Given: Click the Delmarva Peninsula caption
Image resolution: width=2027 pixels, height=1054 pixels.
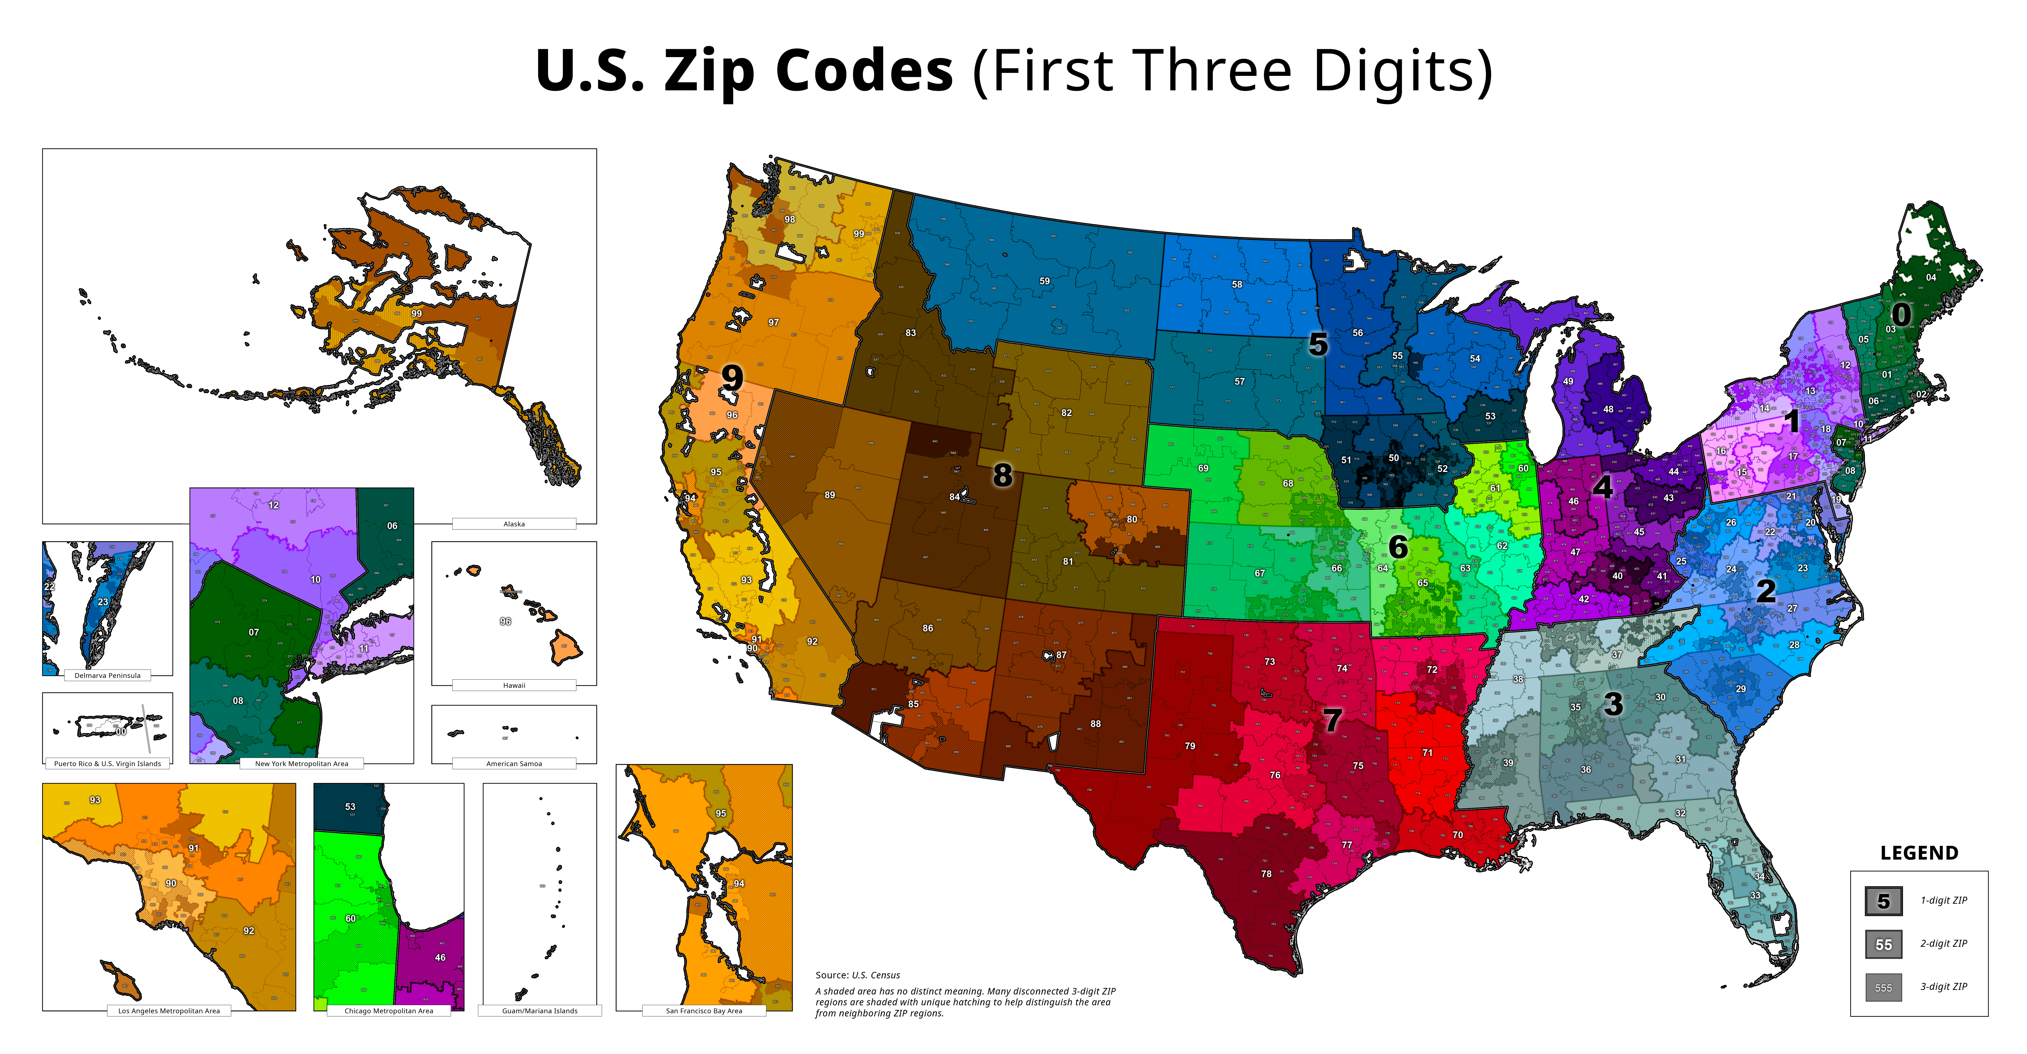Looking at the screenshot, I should pyautogui.click(x=107, y=675).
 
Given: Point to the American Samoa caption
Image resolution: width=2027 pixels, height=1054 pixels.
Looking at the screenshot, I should pyautogui.click(x=514, y=763).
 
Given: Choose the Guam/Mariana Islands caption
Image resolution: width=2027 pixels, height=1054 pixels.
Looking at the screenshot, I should pyautogui.click(x=540, y=1011).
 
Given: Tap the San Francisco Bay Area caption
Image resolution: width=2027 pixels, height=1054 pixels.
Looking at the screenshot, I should pyautogui.click(x=703, y=1011).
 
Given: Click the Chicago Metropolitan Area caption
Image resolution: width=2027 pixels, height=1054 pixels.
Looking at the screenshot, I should pyautogui.click(x=389, y=1011).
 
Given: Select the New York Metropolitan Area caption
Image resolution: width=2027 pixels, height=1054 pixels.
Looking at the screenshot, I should pyautogui.click(x=301, y=763).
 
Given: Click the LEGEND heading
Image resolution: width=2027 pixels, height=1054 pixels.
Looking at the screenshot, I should pyautogui.click(x=1918, y=853).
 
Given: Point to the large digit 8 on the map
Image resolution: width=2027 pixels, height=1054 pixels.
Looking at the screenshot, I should pyautogui.click(x=1002, y=475).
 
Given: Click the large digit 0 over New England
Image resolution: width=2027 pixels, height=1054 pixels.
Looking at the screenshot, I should pyautogui.click(x=1901, y=315).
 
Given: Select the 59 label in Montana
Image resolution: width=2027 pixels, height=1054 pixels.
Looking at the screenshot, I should pyautogui.click(x=1044, y=281).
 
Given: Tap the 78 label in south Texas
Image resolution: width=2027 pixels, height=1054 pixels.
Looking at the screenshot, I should pyautogui.click(x=1266, y=874).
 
